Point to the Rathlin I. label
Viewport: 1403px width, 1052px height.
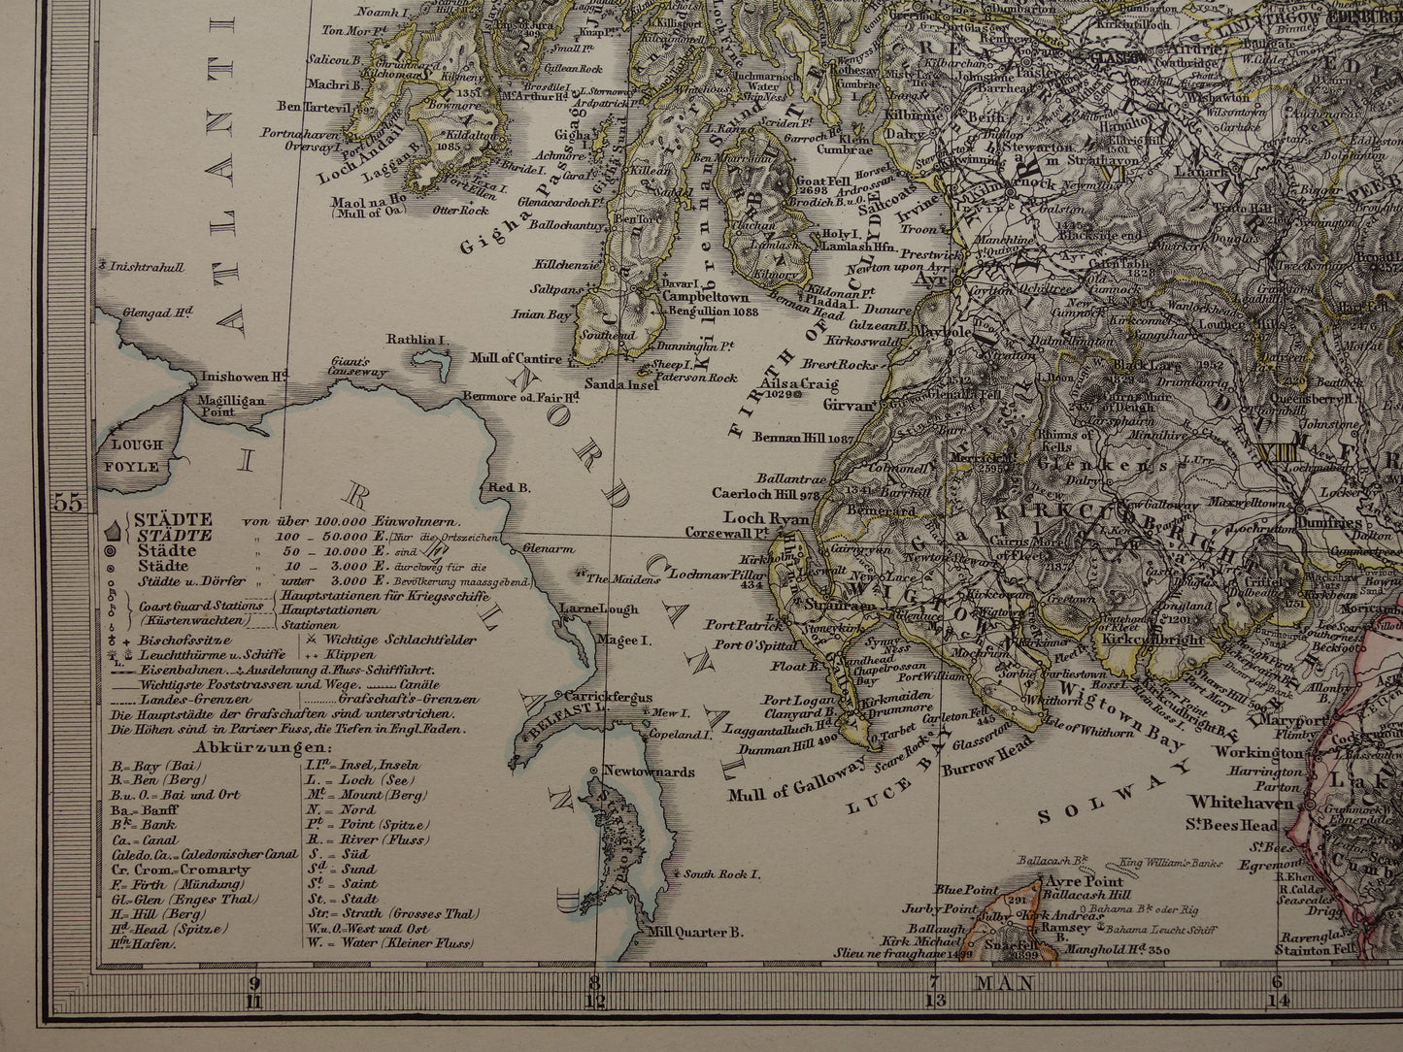[416, 340]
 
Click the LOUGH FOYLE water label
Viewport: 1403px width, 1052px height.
[137, 456]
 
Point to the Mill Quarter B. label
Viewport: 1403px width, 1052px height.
[695, 933]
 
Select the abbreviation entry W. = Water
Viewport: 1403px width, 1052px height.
[388, 942]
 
